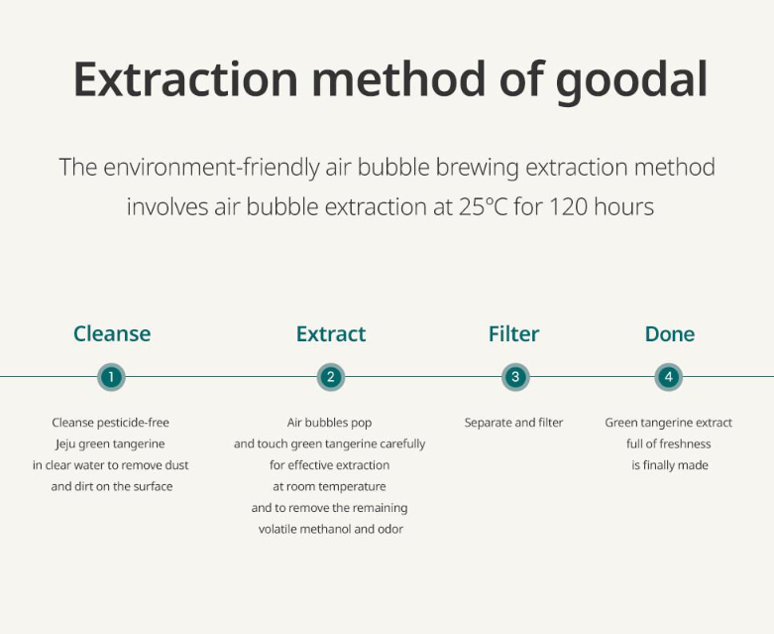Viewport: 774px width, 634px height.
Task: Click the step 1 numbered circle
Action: tap(111, 377)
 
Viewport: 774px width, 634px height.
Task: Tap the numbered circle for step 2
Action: tap(331, 377)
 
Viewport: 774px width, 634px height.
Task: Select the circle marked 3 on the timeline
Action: tap(515, 377)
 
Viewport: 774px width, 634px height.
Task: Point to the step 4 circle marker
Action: tap(669, 377)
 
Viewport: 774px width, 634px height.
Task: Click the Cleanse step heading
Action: tap(112, 334)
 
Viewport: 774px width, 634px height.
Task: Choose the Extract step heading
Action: tap(331, 334)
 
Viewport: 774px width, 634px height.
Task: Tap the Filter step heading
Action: tap(514, 334)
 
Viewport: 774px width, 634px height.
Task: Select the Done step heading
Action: tap(670, 334)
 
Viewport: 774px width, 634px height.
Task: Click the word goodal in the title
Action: tap(631, 81)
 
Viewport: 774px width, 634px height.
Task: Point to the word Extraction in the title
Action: tap(185, 79)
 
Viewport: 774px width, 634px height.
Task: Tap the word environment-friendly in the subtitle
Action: tap(211, 168)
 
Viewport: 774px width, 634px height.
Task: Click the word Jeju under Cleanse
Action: tap(65, 444)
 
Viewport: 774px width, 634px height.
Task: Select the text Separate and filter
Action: tap(514, 423)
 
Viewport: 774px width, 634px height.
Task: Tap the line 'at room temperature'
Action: tap(329, 487)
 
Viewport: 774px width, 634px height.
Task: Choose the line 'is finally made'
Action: tap(670, 465)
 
